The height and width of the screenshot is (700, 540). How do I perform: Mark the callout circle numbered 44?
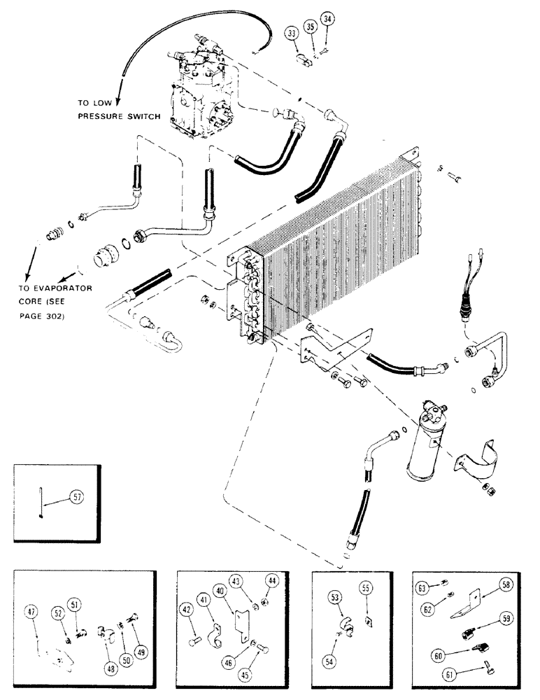[270, 580]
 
